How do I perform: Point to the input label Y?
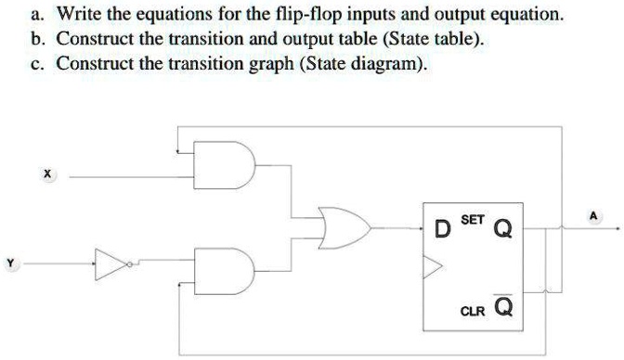(x=11, y=264)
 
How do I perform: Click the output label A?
(x=594, y=215)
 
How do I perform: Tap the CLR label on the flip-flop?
(x=474, y=313)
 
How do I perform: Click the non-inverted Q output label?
(x=502, y=228)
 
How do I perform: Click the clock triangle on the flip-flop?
(x=433, y=268)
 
